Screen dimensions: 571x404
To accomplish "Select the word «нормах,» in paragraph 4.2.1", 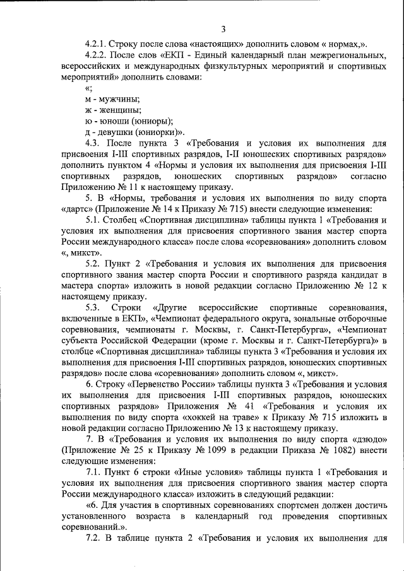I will [x=347, y=44].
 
